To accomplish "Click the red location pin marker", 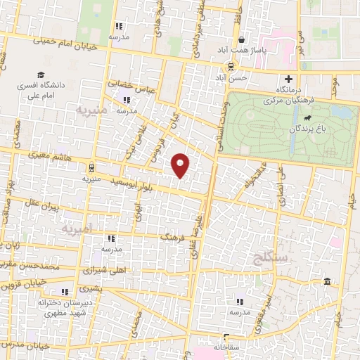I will pyautogui.click(x=181, y=165).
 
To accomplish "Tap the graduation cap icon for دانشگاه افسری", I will pyautogui.click(x=41, y=75).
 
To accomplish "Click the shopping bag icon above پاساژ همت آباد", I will pyautogui.click(x=241, y=40).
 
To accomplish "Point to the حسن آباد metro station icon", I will pyautogui.click(x=229, y=66).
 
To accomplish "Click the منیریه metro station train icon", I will pyautogui.click(x=91, y=167).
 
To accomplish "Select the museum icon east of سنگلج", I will pyautogui.click(x=328, y=282).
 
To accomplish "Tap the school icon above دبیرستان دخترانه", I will pyautogui.click(x=64, y=291).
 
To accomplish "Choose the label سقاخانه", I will pyautogui.click(x=226, y=346).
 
